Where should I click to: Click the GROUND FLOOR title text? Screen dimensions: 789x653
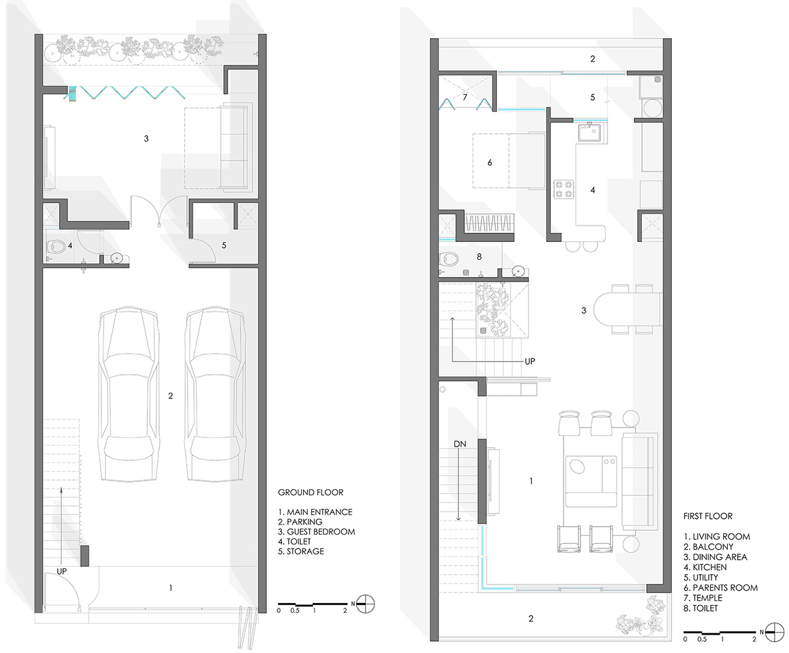tap(310, 493)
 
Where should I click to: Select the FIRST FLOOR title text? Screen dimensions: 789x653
tap(707, 516)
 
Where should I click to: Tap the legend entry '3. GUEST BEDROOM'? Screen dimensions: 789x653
tap(317, 532)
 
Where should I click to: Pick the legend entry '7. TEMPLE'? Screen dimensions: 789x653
tap(703, 598)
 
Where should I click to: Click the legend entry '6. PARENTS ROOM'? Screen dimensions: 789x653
tap(721, 588)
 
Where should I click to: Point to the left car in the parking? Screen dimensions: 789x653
tap(129, 393)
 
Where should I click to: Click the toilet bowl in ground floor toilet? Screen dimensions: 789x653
tap(56, 247)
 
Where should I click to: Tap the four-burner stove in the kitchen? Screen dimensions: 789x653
tap(563, 189)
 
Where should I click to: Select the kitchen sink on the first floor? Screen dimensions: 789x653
tap(590, 132)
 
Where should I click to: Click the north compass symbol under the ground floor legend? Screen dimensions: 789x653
tap(366, 604)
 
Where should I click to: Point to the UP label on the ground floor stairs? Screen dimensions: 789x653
tap(62, 571)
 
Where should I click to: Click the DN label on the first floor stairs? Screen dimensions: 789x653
tap(460, 444)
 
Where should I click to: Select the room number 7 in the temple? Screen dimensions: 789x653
tap(465, 97)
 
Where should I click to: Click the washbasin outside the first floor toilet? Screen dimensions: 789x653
tap(518, 271)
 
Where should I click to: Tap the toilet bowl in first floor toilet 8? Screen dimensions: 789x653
tap(448, 259)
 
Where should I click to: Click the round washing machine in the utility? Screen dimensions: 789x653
tap(653, 109)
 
